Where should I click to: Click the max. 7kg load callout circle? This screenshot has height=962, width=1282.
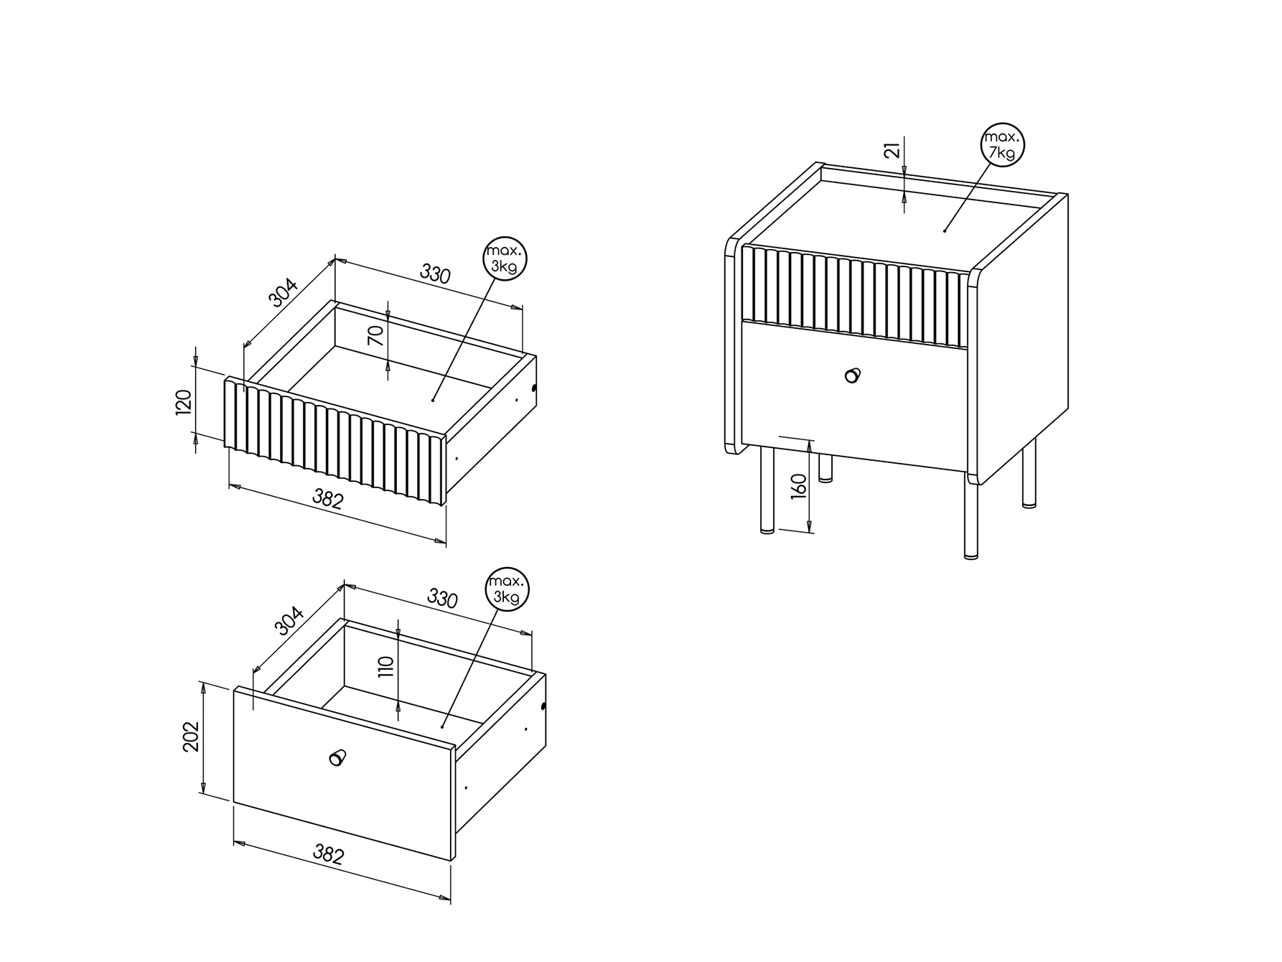click(x=1002, y=145)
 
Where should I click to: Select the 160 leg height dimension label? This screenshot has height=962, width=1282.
click(x=800, y=486)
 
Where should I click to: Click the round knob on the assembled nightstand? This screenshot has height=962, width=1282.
click(x=852, y=375)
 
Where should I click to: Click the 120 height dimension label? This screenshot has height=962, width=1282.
click(x=184, y=402)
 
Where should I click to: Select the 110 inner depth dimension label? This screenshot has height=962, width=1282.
click(x=386, y=667)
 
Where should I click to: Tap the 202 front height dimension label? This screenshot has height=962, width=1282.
click(x=191, y=737)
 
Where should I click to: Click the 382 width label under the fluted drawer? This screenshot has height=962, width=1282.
click(x=328, y=498)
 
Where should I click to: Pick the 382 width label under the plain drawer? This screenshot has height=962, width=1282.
click(x=329, y=854)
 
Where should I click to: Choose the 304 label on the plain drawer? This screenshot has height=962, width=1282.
click(x=290, y=621)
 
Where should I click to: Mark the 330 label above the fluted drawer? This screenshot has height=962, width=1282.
click(x=435, y=274)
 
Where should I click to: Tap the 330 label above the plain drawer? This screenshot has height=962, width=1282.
click(x=442, y=598)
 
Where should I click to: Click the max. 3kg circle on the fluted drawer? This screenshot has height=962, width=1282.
click(x=505, y=258)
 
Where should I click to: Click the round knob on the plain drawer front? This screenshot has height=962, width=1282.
click(x=337, y=757)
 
